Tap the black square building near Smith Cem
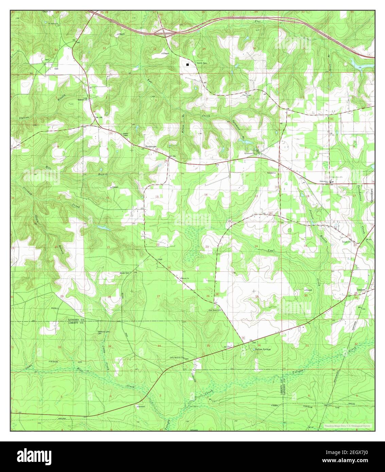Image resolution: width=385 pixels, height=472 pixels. (188, 64)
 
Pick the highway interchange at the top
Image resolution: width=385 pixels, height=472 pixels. (164, 32)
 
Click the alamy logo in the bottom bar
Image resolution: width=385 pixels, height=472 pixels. (34, 456)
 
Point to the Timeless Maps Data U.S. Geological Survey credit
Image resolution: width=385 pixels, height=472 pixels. (348, 425)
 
